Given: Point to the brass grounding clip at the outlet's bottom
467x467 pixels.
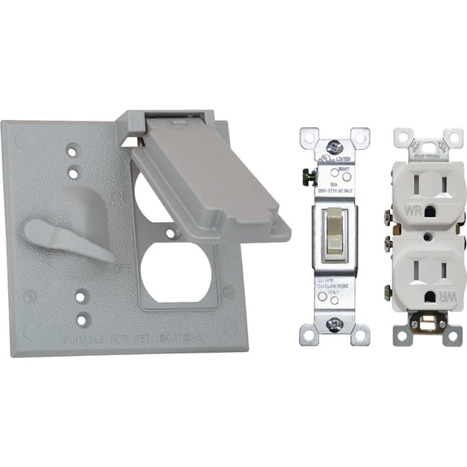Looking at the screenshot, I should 421,325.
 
